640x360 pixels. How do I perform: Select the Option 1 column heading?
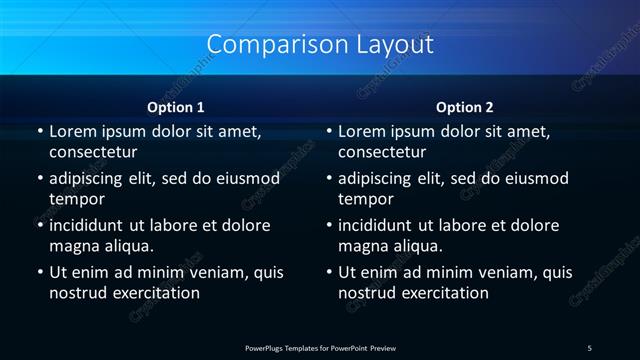(176, 106)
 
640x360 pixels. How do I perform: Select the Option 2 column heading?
(465, 106)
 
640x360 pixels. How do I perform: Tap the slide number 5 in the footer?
(590, 347)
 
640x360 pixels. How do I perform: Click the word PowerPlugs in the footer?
(265, 347)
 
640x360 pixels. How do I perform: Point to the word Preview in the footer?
(383, 347)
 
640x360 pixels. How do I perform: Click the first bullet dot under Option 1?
(39, 131)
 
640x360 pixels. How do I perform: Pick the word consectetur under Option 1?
(93, 152)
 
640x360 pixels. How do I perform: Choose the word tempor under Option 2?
(364, 199)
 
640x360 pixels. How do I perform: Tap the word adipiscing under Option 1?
(95, 179)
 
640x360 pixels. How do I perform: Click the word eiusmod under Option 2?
(533, 179)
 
